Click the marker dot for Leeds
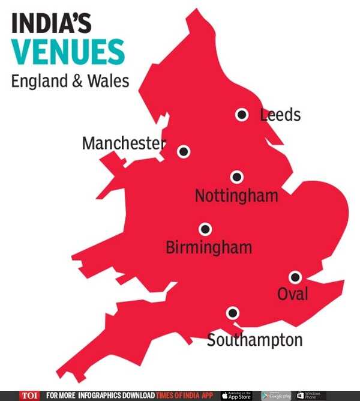242,115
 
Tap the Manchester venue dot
183,151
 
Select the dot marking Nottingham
237,177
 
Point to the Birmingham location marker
205,229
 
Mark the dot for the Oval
295,277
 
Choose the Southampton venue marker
232,313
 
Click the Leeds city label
280,115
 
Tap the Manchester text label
123,143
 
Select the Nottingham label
236,196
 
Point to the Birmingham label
208,247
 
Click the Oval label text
292,294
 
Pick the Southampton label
254,340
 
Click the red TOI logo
29,396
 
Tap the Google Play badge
275,396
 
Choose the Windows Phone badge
311,396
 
